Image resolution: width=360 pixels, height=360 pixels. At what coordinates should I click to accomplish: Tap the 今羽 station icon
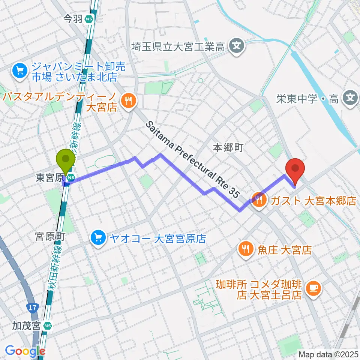(x=89, y=19)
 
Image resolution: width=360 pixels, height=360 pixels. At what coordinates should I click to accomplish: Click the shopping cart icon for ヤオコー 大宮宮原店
(x=99, y=238)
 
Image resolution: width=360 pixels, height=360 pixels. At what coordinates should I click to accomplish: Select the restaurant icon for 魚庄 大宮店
(x=246, y=250)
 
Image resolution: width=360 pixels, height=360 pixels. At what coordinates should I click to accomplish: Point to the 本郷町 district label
(x=228, y=147)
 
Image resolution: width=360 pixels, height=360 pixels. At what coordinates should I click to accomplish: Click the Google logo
(x=25, y=351)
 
